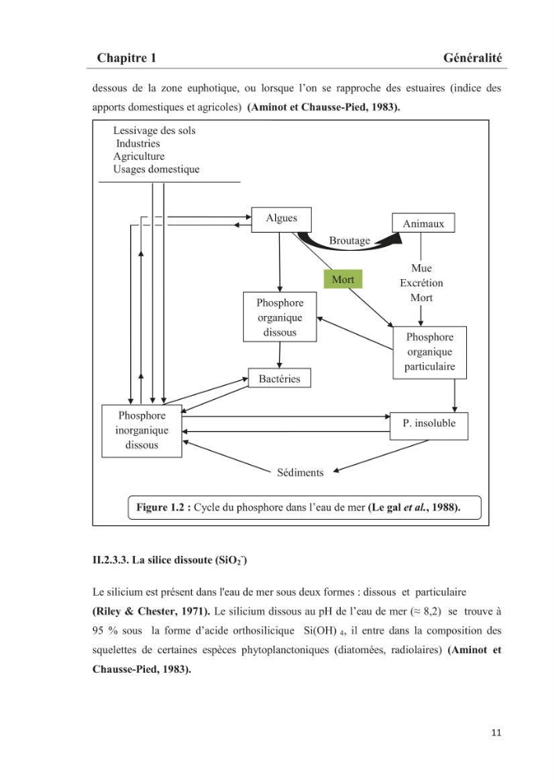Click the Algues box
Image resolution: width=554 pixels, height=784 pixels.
[x=281, y=220]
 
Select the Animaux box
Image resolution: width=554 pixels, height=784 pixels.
[x=423, y=223]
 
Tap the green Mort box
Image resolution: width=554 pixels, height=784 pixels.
[x=342, y=279]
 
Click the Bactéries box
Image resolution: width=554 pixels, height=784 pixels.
[x=279, y=378]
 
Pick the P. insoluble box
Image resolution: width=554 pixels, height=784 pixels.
[x=429, y=426]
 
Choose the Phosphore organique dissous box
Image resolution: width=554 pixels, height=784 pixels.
[x=280, y=317]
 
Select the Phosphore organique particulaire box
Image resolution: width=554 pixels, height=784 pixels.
[x=429, y=353]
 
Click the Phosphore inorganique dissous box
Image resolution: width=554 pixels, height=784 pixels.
[x=142, y=431]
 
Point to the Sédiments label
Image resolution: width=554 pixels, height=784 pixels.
[x=300, y=473]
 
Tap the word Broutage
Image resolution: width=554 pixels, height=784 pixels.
[x=349, y=241]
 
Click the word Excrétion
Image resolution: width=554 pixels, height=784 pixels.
[x=421, y=283]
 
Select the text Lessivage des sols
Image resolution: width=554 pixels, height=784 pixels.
[x=154, y=130]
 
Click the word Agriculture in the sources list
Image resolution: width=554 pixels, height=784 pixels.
[x=139, y=156]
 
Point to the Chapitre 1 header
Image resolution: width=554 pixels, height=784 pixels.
[x=126, y=58]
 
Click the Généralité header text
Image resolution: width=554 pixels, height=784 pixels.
[x=472, y=58]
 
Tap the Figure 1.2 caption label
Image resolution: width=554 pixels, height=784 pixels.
[x=163, y=507]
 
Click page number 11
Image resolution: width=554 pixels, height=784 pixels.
[x=496, y=732]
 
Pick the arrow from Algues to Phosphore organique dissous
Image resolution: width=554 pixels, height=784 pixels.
[x=280, y=263]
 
